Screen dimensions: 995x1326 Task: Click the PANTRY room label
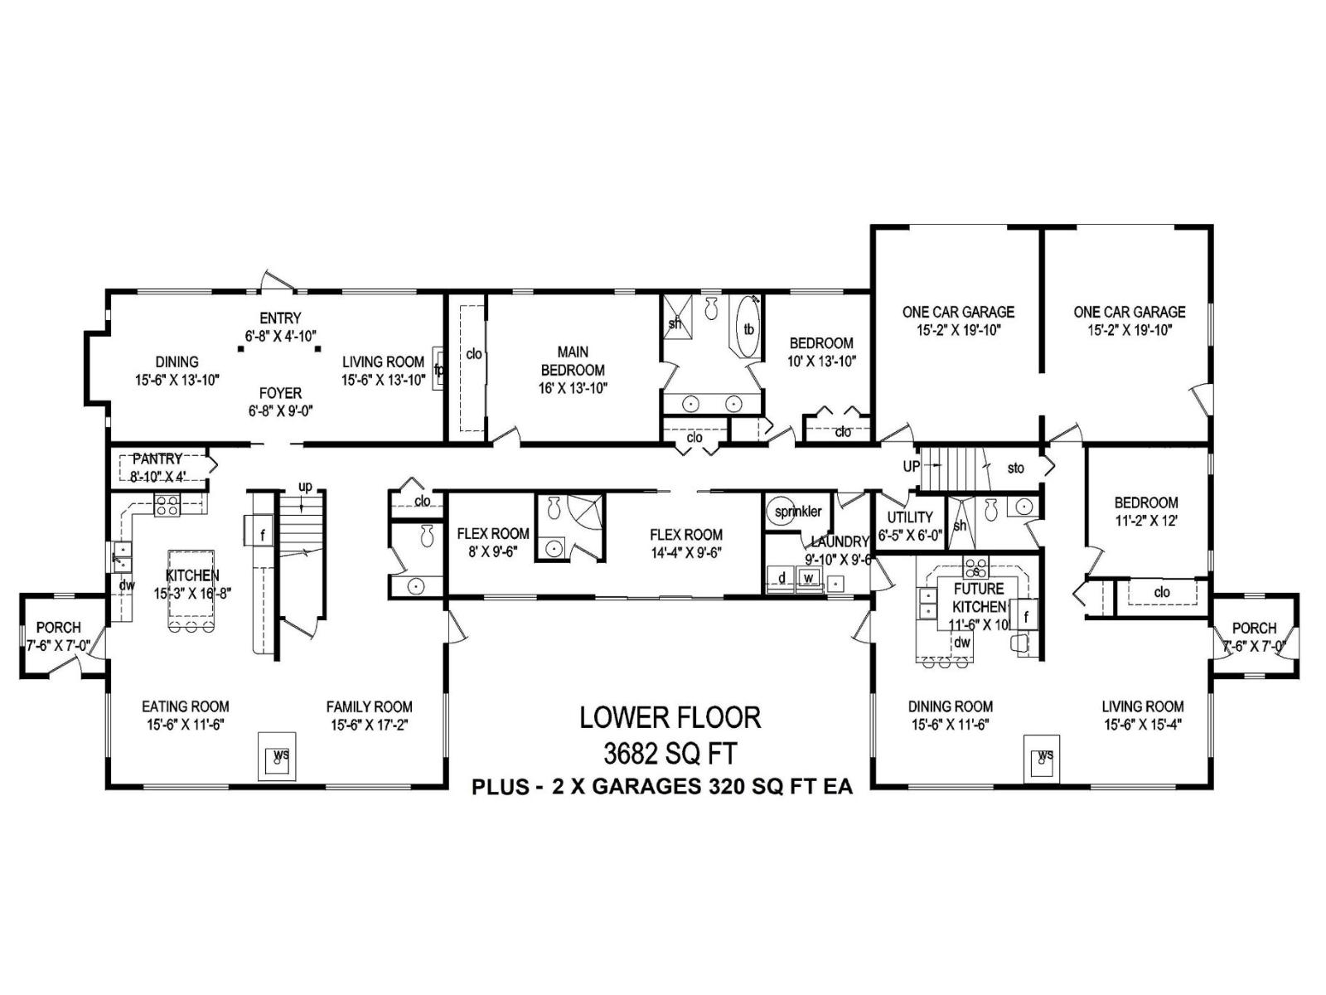[157, 459]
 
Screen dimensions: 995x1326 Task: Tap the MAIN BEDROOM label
[573, 362]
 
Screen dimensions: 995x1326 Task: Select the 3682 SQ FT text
[670, 754]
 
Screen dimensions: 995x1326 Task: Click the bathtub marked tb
[748, 329]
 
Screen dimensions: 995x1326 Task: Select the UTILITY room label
[910, 517]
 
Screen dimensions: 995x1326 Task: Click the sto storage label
[1015, 468]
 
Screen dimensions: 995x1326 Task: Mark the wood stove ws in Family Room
[280, 755]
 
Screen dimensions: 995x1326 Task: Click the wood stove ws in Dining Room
[1044, 755]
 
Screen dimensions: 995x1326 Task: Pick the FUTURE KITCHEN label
[979, 597]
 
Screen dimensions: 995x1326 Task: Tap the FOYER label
[280, 393]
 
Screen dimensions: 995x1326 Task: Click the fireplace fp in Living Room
[438, 369]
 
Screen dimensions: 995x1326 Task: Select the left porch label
[59, 628]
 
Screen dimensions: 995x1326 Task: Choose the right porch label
[1254, 628]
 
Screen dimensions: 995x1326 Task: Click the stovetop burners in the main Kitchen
[167, 505]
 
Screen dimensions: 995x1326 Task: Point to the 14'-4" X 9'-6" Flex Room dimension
[686, 552]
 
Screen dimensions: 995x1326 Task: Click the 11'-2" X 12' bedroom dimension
[1146, 522]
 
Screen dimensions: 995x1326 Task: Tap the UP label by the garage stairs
[912, 467]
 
